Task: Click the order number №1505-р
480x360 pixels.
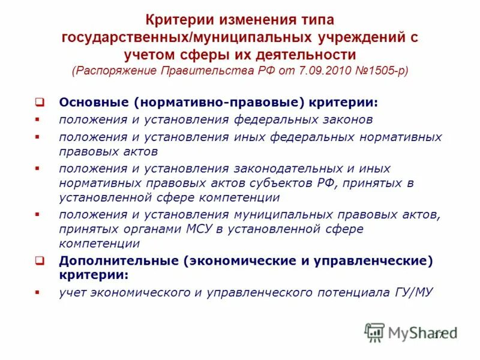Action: click(383, 70)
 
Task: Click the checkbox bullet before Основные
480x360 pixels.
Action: click(39, 102)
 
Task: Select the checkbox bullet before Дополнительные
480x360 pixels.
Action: click(39, 261)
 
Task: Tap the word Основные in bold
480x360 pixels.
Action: click(89, 102)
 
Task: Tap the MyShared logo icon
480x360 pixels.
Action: click(374, 332)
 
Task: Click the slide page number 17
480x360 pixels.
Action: click(439, 334)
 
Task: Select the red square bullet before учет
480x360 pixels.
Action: click(38, 293)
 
